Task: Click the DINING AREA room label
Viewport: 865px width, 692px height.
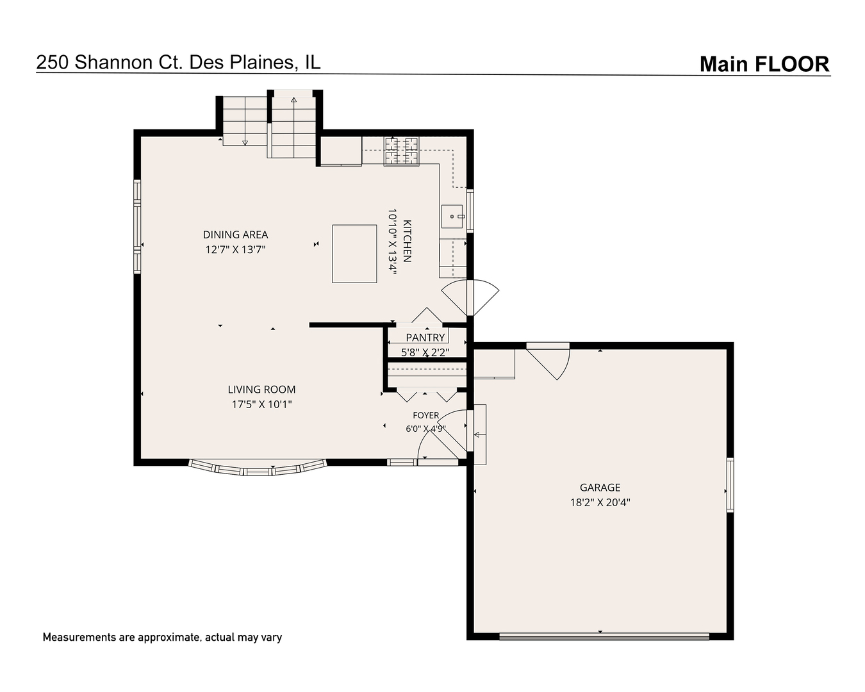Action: [x=235, y=235]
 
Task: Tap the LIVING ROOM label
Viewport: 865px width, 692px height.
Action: [x=261, y=389]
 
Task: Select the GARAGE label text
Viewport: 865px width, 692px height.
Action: [x=600, y=488]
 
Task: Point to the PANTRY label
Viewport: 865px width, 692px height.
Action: [x=425, y=338]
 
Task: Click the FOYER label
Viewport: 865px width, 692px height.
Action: [x=425, y=415]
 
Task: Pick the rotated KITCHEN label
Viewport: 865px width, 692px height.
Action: [x=407, y=241]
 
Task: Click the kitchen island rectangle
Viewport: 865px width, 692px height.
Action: [x=354, y=254]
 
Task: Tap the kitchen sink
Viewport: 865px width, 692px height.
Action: [x=452, y=217]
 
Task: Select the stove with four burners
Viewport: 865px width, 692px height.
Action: [x=402, y=151]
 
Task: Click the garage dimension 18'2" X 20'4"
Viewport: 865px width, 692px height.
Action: [x=600, y=502]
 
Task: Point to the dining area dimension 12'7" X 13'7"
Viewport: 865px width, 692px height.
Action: [x=236, y=250]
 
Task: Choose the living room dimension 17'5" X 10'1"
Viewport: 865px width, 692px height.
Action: [x=261, y=404]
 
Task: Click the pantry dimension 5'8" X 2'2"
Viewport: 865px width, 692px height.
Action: [x=425, y=352]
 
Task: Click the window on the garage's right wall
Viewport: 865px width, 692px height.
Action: [x=730, y=485]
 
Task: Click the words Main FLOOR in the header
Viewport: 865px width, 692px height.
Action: [x=764, y=64]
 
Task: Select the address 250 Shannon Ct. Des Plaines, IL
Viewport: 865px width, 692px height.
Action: [x=179, y=62]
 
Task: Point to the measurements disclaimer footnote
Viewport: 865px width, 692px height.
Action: [x=162, y=638]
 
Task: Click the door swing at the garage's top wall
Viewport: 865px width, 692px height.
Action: [x=548, y=361]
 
